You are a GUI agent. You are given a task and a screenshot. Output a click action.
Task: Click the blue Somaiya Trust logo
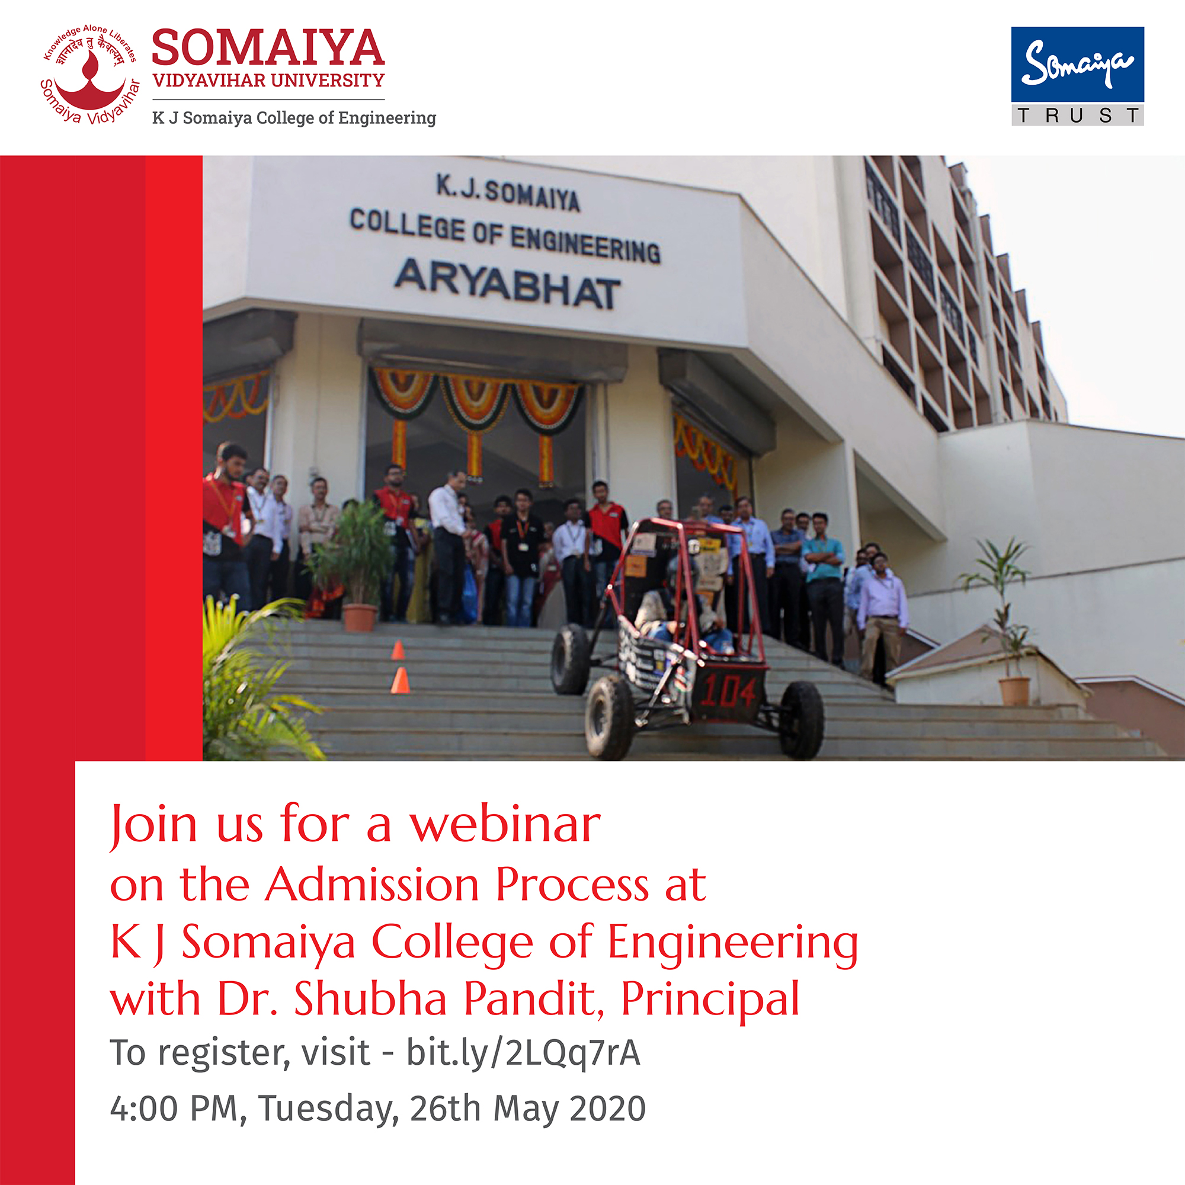click(1078, 76)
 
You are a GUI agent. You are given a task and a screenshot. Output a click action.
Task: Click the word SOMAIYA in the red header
click(268, 48)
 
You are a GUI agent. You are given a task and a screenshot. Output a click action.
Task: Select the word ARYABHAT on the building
click(507, 283)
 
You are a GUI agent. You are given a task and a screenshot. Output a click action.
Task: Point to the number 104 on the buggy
click(728, 692)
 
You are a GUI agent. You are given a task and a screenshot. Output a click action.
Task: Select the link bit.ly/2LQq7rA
click(523, 1052)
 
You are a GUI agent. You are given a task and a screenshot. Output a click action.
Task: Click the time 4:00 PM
click(174, 1109)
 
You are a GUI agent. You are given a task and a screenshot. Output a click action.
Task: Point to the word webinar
click(505, 824)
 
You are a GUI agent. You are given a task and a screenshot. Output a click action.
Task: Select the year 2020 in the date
click(607, 1109)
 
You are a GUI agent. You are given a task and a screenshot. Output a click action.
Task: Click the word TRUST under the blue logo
click(1078, 116)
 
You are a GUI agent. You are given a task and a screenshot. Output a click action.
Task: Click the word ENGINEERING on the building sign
click(585, 245)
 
